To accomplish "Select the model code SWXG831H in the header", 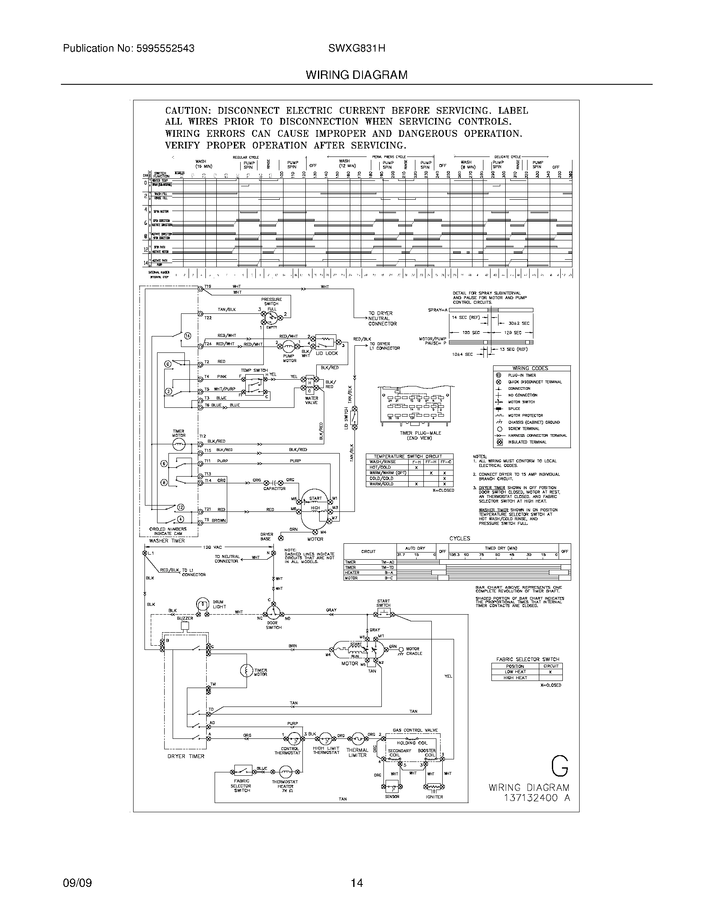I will (356, 49).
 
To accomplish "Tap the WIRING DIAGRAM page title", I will (356, 75).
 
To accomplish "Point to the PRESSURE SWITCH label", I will (271, 301).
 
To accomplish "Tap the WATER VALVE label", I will (311, 400).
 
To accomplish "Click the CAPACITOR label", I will (274, 488).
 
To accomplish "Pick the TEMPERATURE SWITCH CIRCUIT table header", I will (408, 456).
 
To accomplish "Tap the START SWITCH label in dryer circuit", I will (383, 602).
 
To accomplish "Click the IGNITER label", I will (434, 797).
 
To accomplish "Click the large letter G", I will (559, 766).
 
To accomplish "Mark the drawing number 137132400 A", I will (537, 798).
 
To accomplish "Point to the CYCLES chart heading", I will (459, 538).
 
